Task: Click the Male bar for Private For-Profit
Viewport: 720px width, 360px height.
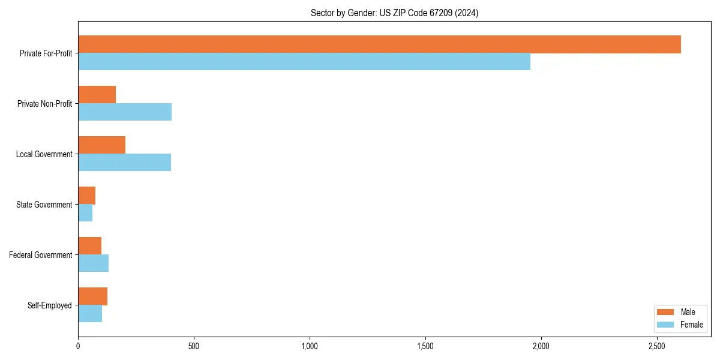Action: (379, 44)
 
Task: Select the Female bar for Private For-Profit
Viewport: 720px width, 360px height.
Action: (304, 62)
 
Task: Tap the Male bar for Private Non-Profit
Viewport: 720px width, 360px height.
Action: (97, 95)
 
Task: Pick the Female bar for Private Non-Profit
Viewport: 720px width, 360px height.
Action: (125, 112)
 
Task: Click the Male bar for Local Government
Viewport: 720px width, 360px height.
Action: (101, 145)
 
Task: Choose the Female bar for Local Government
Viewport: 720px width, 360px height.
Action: (124, 163)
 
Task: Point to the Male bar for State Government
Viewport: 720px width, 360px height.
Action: (86, 196)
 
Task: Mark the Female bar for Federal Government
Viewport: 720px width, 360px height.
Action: (93, 263)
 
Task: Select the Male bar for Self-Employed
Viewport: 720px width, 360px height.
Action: (92, 296)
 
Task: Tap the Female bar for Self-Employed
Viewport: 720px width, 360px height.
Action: (90, 314)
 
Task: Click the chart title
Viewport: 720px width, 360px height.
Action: (394, 13)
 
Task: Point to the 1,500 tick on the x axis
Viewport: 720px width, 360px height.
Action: (425, 346)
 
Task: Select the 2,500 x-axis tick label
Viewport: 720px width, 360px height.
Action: (657, 346)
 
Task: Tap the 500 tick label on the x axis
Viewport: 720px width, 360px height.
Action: (193, 346)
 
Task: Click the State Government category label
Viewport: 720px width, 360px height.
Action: (44, 205)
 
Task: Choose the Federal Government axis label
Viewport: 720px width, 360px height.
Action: (41, 255)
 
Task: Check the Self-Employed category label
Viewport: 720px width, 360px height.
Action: (50, 305)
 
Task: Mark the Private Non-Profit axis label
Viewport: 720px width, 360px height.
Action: (44, 104)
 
